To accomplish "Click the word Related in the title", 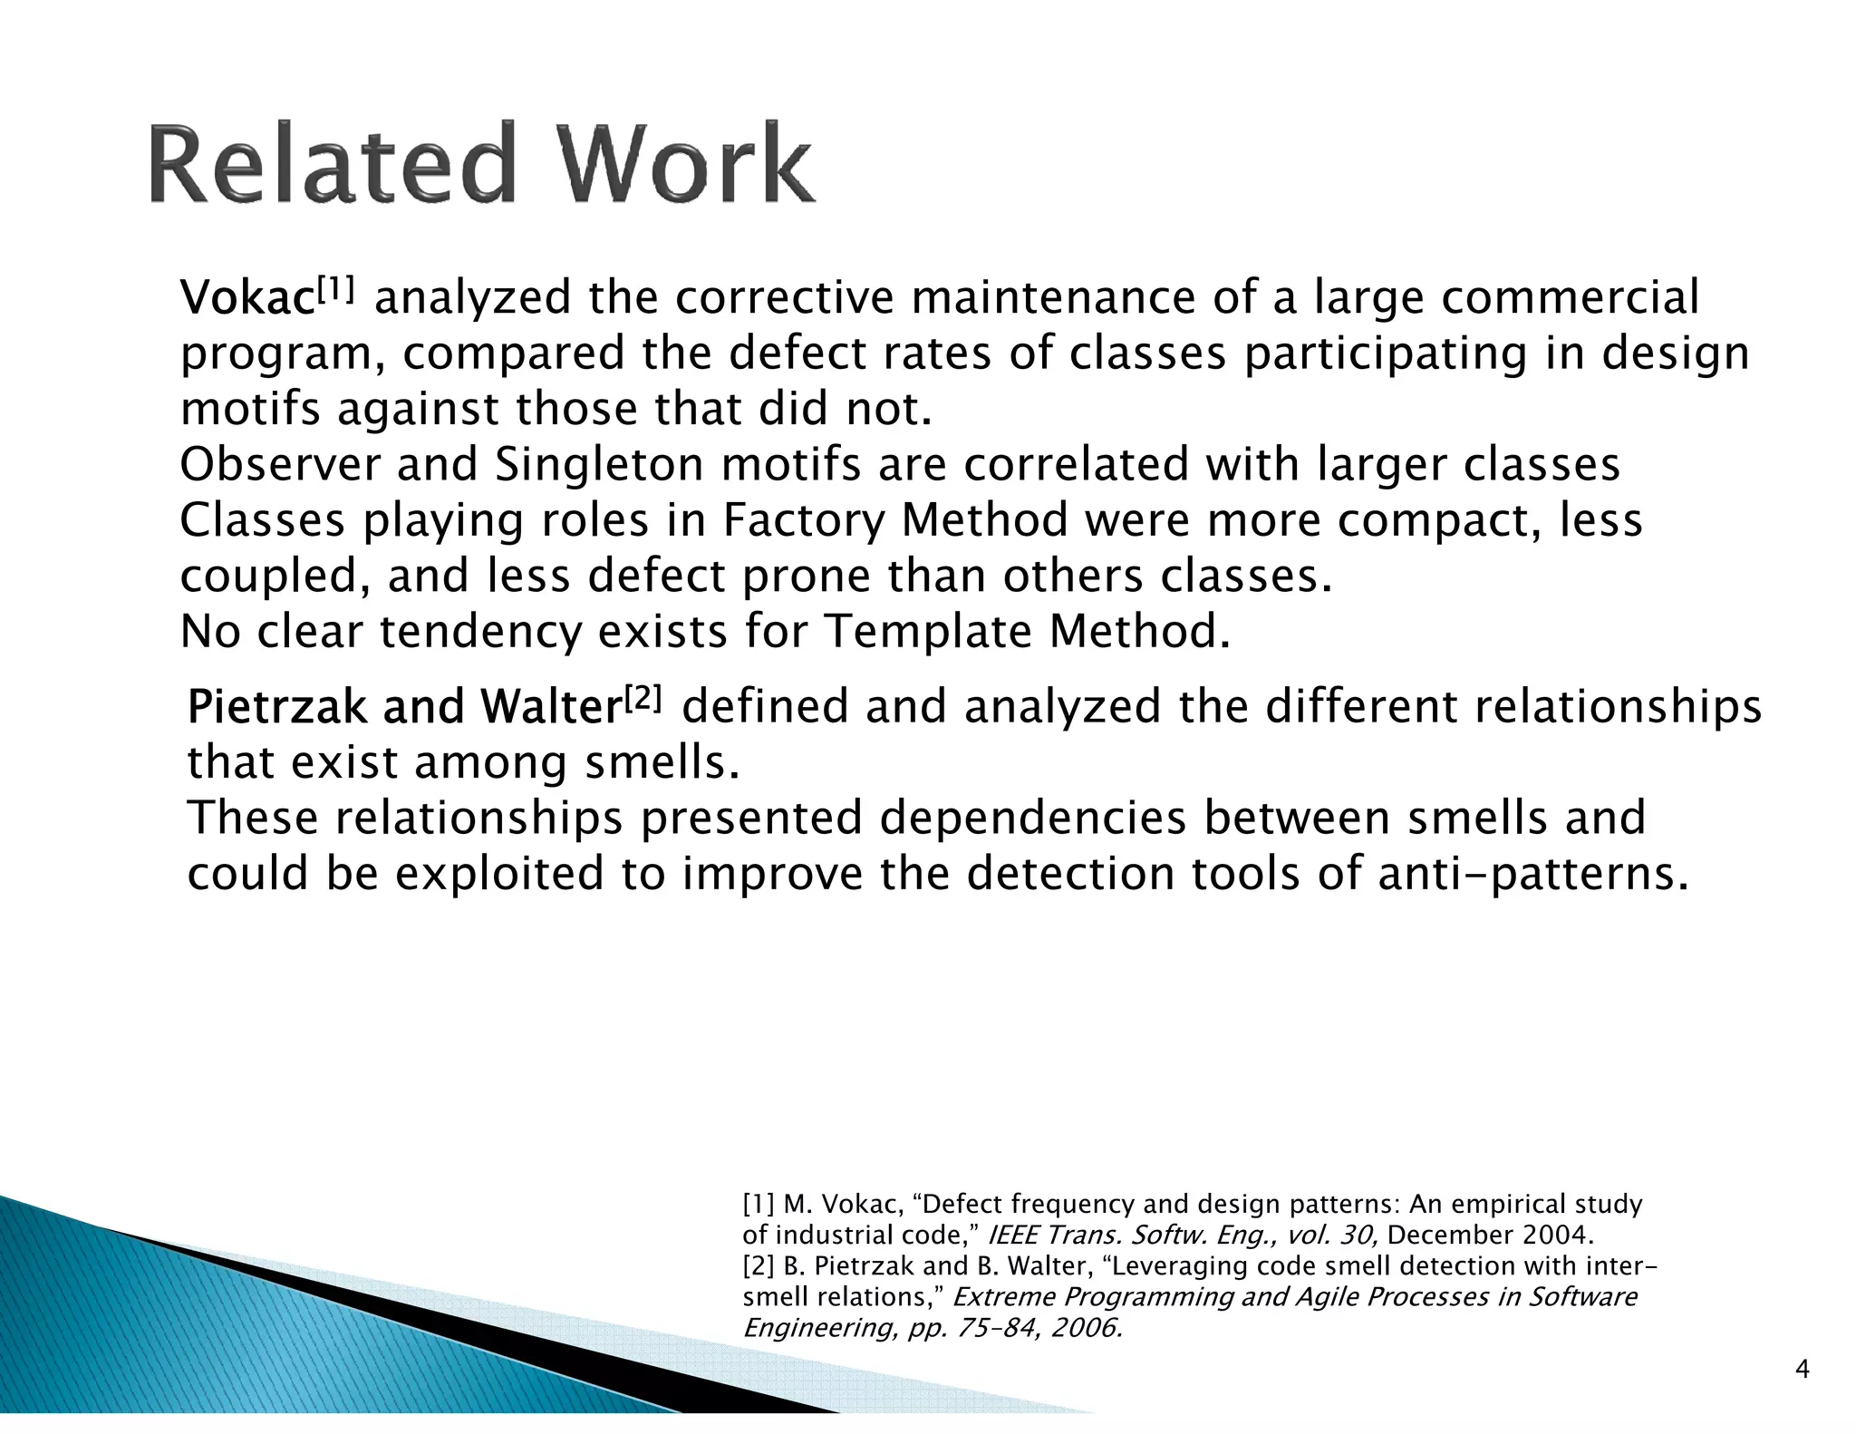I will tap(331, 165).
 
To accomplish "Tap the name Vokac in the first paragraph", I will tap(247, 299).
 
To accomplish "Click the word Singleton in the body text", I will tap(599, 465).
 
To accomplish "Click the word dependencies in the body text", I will tap(1032, 818).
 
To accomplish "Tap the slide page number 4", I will tap(1803, 1370).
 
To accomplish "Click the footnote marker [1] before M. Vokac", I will tap(758, 1205).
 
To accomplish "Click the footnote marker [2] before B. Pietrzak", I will tap(758, 1266).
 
